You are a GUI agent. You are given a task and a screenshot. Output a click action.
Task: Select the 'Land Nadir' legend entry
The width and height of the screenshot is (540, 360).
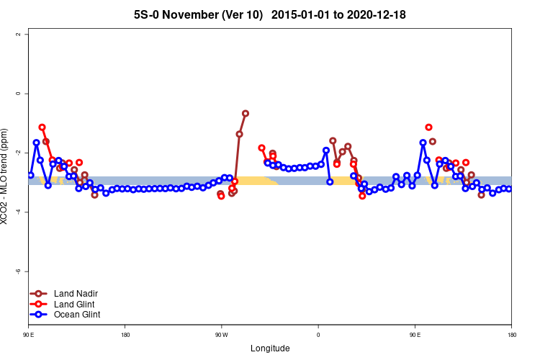click(76, 294)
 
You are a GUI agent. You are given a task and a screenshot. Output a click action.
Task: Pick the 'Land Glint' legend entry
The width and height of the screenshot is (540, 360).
click(75, 304)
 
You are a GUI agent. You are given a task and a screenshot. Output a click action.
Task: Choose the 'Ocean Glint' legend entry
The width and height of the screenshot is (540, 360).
click(77, 314)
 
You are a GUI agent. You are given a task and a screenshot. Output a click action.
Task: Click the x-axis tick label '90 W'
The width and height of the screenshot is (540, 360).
click(221, 335)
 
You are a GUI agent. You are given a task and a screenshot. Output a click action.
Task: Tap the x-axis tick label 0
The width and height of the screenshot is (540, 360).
click(318, 335)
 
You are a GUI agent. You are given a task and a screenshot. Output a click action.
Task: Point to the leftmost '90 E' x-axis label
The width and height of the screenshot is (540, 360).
click(28, 335)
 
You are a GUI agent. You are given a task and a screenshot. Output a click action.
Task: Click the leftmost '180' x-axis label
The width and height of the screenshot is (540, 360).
click(125, 335)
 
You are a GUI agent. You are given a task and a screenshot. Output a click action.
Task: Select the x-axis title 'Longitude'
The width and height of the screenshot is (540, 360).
click(270, 348)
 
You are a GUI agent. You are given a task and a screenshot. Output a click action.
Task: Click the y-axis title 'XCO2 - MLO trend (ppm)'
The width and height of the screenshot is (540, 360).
click(6, 176)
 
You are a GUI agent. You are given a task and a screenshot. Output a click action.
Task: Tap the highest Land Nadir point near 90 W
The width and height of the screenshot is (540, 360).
click(246, 113)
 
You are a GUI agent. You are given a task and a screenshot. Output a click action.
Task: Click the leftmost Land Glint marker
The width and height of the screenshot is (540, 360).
click(42, 127)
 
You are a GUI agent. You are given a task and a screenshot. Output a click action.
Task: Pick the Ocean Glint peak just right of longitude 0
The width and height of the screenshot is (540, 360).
click(326, 150)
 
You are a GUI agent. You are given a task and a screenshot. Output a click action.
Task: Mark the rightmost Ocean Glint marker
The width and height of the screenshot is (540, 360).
click(509, 189)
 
